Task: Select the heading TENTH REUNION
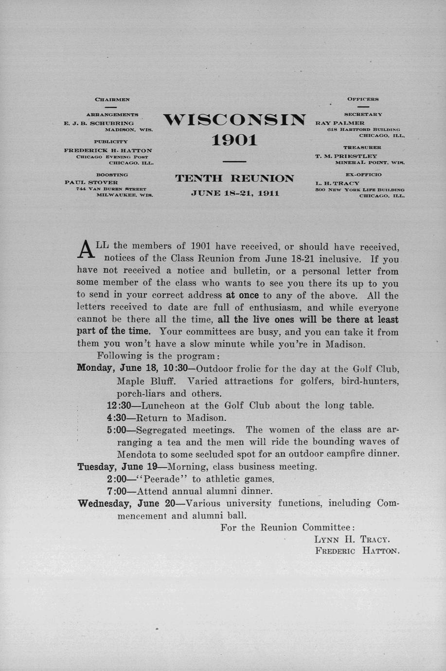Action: point(234,178)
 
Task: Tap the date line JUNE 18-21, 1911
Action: point(235,193)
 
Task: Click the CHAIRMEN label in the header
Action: point(112,99)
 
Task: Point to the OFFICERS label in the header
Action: point(363,99)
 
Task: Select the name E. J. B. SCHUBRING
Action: point(99,124)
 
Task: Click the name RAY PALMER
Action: point(340,123)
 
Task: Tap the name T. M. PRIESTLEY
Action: point(346,156)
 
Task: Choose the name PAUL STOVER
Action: point(91,182)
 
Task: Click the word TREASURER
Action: point(362,147)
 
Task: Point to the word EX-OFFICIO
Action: point(363,174)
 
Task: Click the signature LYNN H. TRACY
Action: point(352,539)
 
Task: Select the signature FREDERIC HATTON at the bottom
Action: point(357,551)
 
